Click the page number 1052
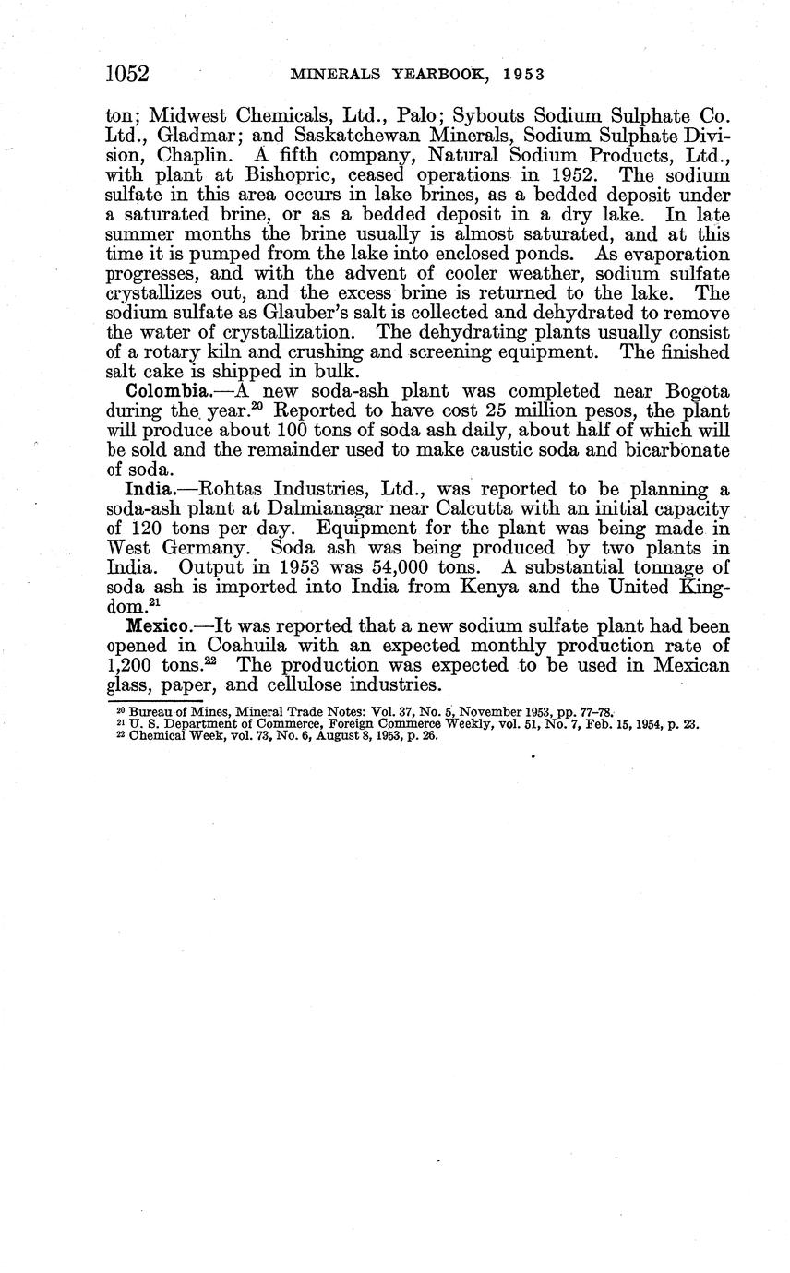[x=128, y=74]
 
